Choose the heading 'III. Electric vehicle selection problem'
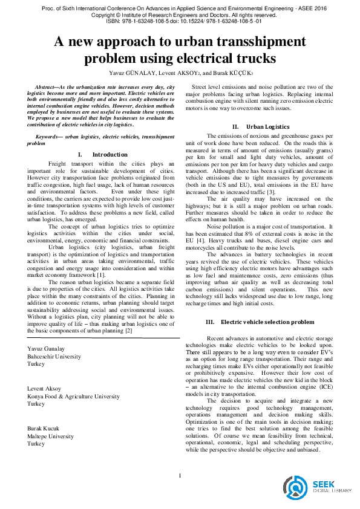point(260,322)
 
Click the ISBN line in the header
point(180,21)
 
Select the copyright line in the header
point(180,14)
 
